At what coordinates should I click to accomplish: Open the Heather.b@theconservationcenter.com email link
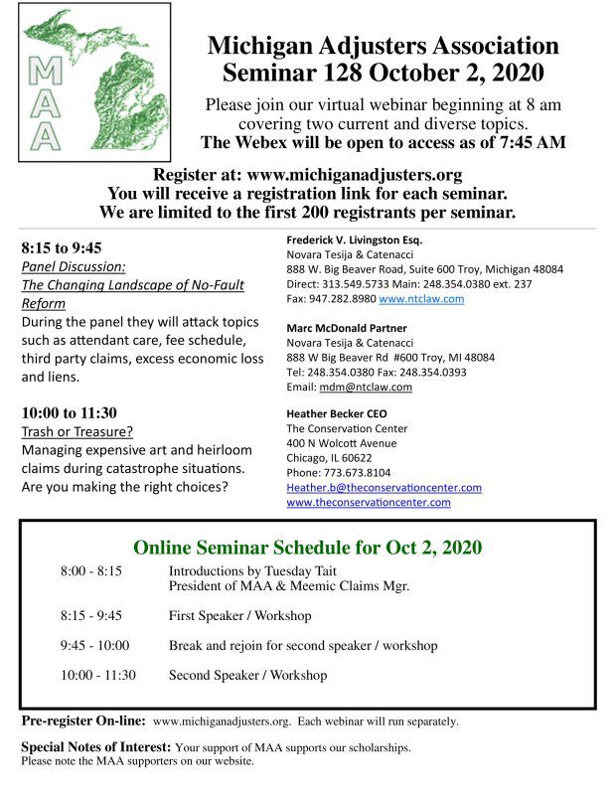point(384,487)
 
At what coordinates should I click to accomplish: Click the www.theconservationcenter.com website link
point(368,502)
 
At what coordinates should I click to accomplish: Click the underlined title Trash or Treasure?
point(76,431)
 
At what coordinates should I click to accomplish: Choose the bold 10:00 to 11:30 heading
point(68,411)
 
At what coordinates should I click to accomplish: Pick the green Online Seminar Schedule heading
point(307,547)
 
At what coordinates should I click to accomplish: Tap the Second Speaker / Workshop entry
point(247,675)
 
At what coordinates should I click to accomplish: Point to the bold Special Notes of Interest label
point(95,746)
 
